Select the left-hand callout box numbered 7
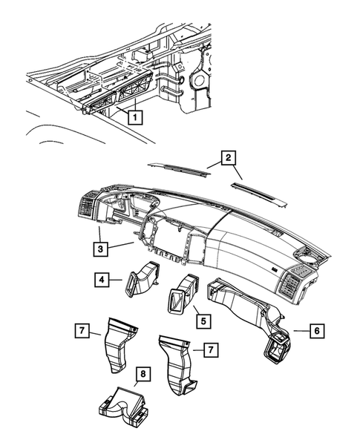(82, 327)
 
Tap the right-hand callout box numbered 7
(211, 347)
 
